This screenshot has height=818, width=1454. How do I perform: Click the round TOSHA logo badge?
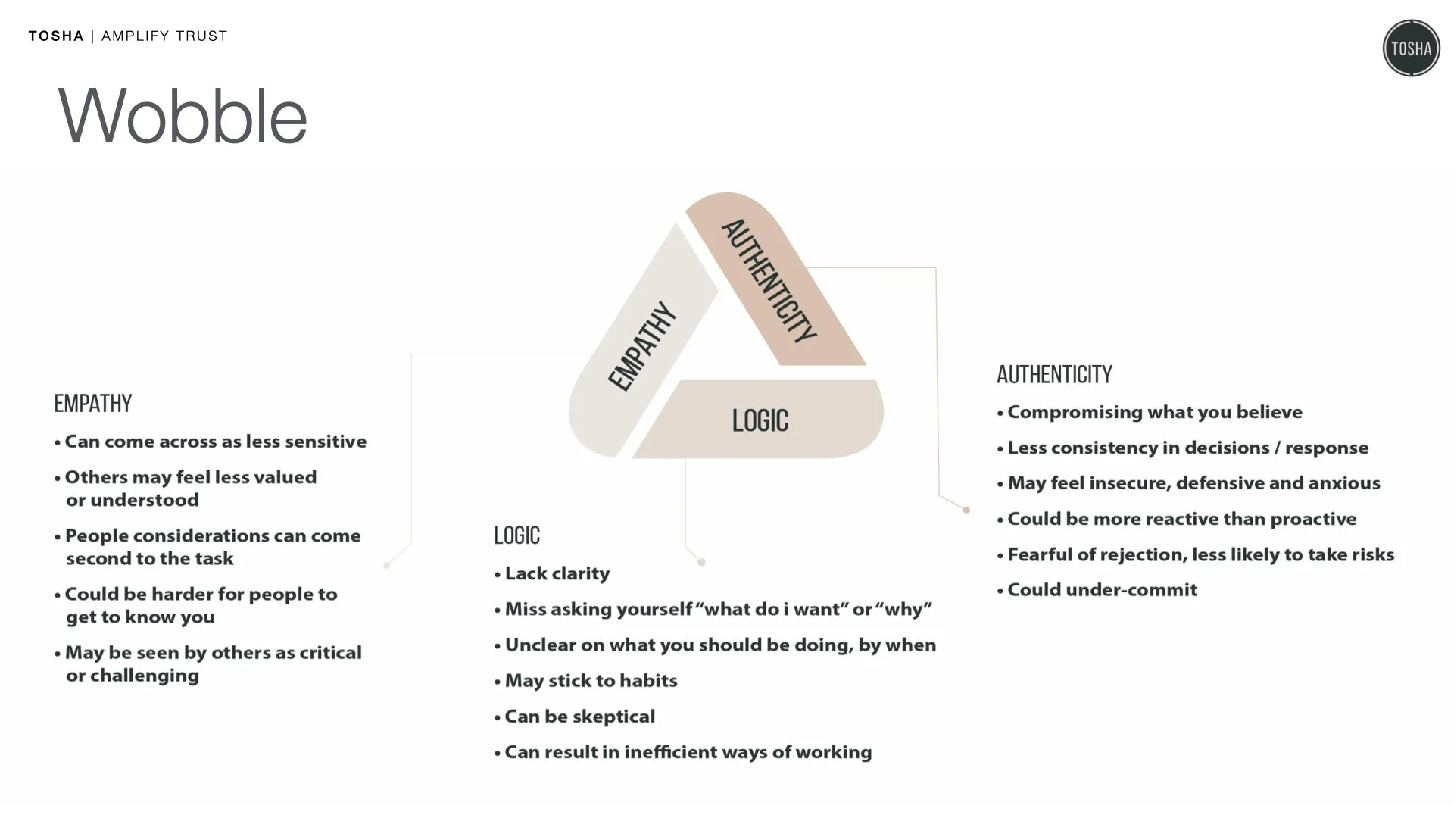click(x=1411, y=48)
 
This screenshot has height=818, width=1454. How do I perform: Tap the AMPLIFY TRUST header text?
click(x=164, y=36)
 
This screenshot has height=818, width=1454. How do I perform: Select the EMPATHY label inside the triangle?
click(x=641, y=346)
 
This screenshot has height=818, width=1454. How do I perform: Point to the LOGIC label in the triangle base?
click(x=760, y=420)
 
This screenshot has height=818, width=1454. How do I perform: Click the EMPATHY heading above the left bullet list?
click(x=93, y=404)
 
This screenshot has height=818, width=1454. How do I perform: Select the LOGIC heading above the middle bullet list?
click(x=516, y=535)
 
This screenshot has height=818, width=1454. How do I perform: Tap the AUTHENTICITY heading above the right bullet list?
click(x=1054, y=374)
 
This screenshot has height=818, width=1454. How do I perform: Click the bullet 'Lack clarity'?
click(x=557, y=573)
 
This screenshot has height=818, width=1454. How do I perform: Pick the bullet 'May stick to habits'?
click(x=591, y=680)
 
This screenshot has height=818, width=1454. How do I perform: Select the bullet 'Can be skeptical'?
click(x=579, y=717)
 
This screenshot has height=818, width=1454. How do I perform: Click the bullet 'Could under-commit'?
click(x=1102, y=589)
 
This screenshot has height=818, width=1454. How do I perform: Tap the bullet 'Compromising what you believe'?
click(x=1154, y=412)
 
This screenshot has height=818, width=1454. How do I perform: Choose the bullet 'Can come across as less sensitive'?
click(x=215, y=442)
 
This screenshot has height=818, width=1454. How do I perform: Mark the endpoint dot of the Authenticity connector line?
click(x=966, y=510)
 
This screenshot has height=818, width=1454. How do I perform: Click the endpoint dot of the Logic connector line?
click(x=701, y=562)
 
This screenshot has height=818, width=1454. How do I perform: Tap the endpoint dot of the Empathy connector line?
click(x=387, y=565)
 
